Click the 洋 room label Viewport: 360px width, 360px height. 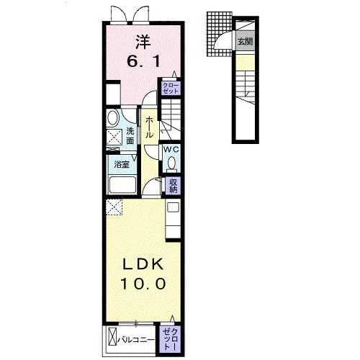point(143,42)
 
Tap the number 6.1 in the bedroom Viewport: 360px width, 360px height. point(143,62)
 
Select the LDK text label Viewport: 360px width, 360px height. point(143,264)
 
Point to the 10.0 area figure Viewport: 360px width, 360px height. point(143,284)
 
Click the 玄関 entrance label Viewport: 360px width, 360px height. point(245,42)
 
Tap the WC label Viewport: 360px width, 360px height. point(171,150)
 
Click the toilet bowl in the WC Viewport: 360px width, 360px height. point(171,164)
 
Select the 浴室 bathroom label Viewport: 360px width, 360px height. point(122,164)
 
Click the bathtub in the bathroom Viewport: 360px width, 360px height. point(122,185)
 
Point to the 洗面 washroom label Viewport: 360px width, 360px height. point(130,136)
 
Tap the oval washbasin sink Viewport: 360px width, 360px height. point(113,117)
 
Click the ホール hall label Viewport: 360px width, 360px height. point(149,127)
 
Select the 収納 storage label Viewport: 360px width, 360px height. point(173,185)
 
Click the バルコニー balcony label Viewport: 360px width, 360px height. point(136,340)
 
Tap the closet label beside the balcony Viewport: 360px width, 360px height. point(170,339)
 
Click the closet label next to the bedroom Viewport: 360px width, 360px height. point(171,89)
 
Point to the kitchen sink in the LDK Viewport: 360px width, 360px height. point(173,207)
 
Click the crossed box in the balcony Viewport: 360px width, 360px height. point(112,340)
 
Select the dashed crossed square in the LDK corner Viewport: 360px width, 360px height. point(114,207)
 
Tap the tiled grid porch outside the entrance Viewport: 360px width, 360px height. point(219,35)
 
